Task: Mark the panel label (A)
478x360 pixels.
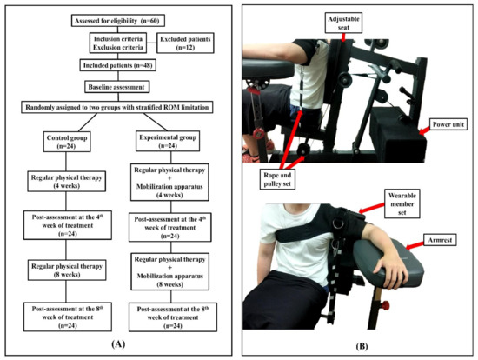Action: tap(118, 343)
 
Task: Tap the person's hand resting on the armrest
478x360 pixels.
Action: tap(392, 279)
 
